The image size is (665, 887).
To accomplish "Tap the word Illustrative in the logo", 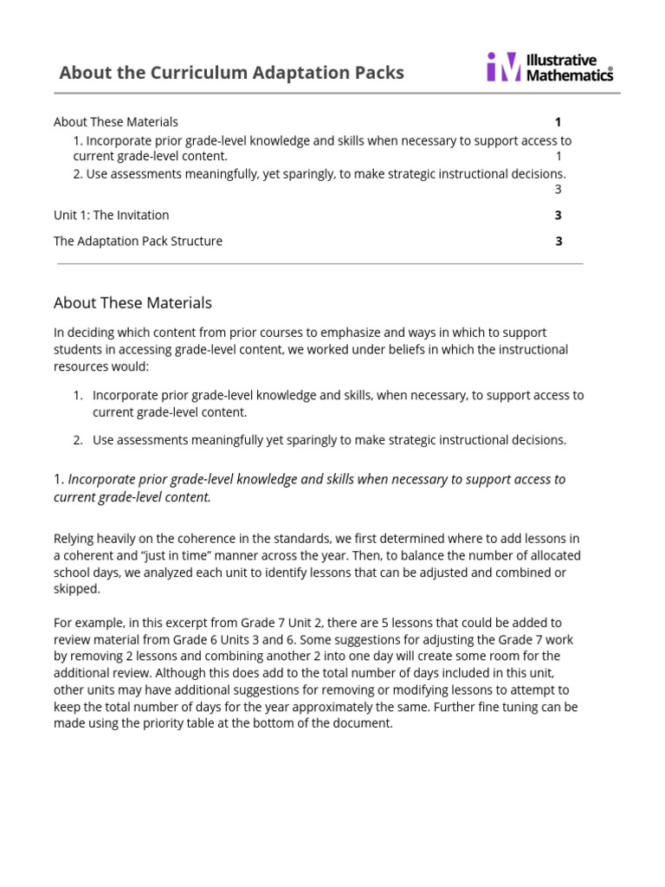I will tap(562, 60).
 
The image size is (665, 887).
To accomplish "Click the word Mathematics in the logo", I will tap(568, 75).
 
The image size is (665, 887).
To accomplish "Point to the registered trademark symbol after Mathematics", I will tap(611, 69).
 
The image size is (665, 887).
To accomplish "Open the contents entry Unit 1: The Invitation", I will tap(111, 215).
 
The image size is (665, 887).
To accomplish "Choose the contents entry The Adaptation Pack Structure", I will tap(138, 241).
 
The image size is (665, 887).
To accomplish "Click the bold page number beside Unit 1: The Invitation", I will tap(558, 215).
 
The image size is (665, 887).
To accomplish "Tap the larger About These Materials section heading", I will tap(132, 303).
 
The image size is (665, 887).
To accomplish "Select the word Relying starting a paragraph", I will tap(75, 539).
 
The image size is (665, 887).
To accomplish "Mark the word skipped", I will tap(77, 589).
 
